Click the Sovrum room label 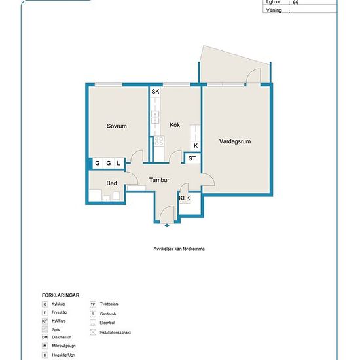[x=117, y=126]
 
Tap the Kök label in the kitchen [x=175, y=125]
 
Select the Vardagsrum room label [x=235, y=141]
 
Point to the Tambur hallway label [x=159, y=180]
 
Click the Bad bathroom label [x=111, y=183]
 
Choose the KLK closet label [x=185, y=198]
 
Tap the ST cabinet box [x=192, y=158]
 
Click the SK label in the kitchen [x=155, y=92]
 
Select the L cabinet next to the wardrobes [x=119, y=163]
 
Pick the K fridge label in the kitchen [x=196, y=145]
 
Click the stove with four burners [x=159, y=141]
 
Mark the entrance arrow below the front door [x=167, y=225]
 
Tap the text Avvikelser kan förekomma [x=179, y=249]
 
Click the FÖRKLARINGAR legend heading [x=61, y=295]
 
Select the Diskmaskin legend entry [x=62, y=337]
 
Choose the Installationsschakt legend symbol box [x=93, y=333]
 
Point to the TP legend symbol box [x=93, y=304]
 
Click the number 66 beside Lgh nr [x=296, y=3]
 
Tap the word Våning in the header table [x=274, y=10]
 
